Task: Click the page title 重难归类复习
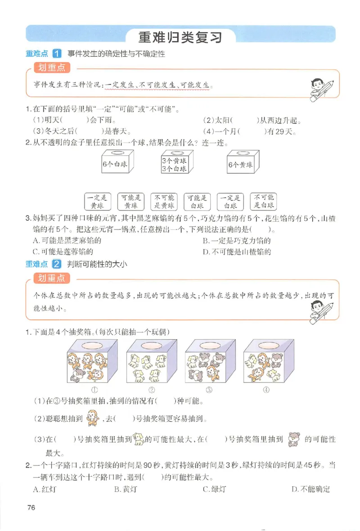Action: pyautogui.click(x=180, y=36)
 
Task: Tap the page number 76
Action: pyautogui.click(x=31, y=508)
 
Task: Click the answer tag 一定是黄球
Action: pyautogui.click(x=98, y=202)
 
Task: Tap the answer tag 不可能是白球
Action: pyautogui.click(x=264, y=202)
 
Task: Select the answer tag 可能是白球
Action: pyautogui.click(x=197, y=202)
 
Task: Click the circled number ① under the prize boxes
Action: pyautogui.click(x=95, y=390)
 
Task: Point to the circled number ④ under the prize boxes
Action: pyautogui.click(x=266, y=390)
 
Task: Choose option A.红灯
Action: pyautogui.click(x=44, y=489)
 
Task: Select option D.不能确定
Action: pyautogui.click(x=310, y=489)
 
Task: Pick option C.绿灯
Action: pyautogui.click(x=214, y=489)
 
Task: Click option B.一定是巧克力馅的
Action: pyautogui.click(x=237, y=241)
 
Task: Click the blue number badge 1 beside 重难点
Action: pyautogui.click(x=57, y=54)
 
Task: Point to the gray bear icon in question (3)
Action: pyautogui.click(x=294, y=439)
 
